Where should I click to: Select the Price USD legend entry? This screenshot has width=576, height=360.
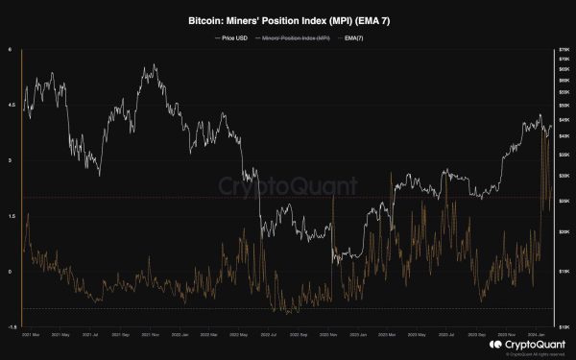tap(240, 37)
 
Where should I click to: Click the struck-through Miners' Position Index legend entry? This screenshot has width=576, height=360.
tap(294, 37)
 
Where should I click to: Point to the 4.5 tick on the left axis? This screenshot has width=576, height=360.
tap(12, 106)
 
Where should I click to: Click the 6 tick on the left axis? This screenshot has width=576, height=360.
tap(12, 50)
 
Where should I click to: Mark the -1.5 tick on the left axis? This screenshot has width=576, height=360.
tap(12, 326)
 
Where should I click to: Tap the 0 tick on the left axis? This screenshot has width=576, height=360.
tap(12, 272)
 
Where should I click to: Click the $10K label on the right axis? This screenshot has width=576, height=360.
tap(564, 326)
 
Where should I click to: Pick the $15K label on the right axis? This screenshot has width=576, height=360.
tap(564, 273)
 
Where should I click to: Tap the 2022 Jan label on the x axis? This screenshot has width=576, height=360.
tap(178, 335)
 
